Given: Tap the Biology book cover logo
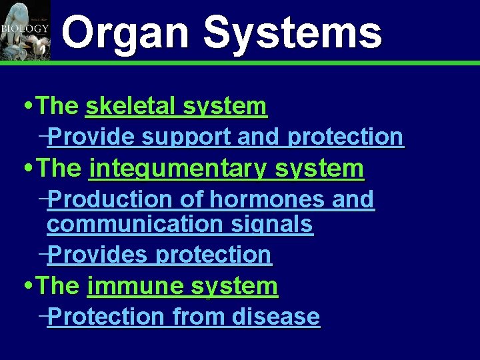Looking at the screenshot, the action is pyautogui.click(x=25, y=30).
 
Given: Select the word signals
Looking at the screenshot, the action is pyautogui.click(x=278, y=225).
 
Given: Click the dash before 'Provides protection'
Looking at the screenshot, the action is pyautogui.click(x=43, y=254).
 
